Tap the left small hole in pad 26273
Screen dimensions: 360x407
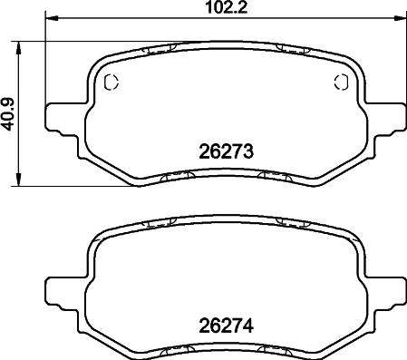tap(111, 83)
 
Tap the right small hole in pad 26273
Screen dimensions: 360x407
tap(341, 83)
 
